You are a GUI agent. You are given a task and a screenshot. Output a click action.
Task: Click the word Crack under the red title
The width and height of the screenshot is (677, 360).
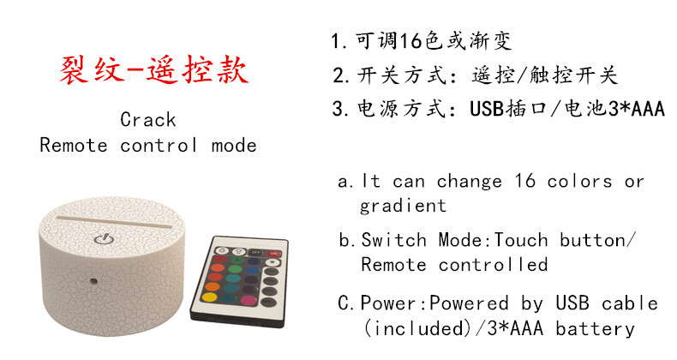(x=147, y=119)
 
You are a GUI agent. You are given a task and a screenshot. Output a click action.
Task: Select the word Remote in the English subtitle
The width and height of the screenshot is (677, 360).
(x=74, y=145)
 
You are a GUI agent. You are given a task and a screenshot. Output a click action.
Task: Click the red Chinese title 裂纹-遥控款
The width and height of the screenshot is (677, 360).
(x=154, y=69)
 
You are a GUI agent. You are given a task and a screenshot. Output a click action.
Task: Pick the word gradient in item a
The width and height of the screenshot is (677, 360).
(x=403, y=206)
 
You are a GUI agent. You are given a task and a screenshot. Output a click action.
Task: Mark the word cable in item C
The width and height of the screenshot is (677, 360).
(x=630, y=303)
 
